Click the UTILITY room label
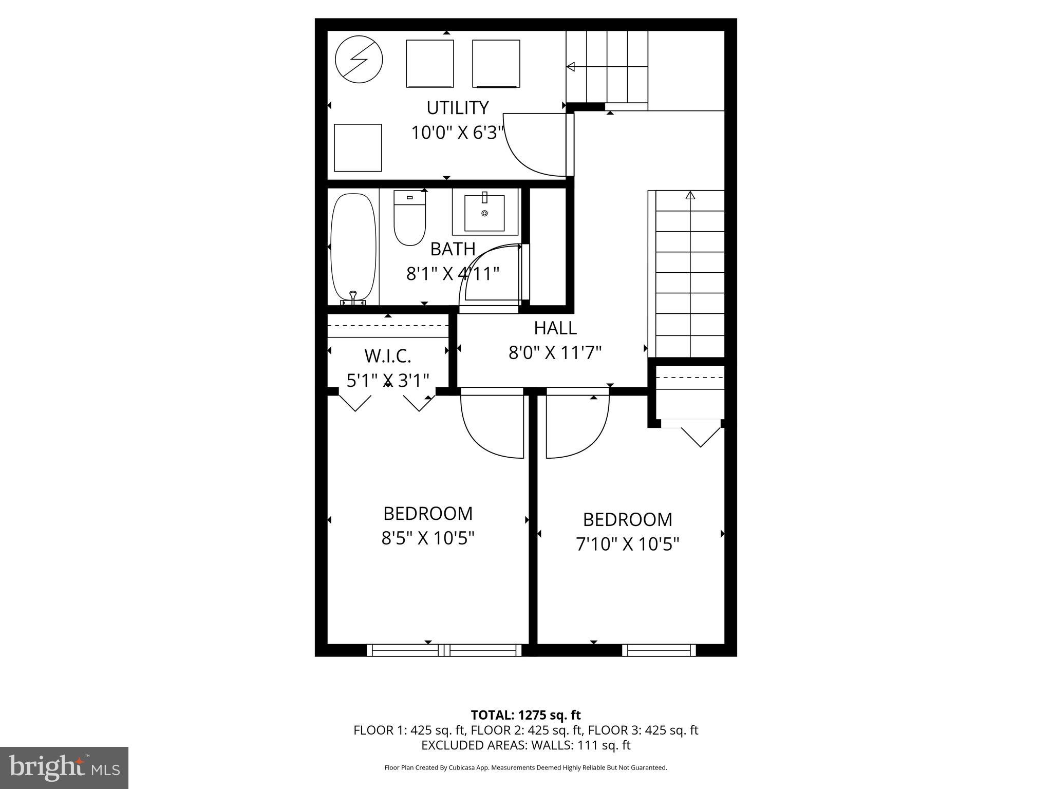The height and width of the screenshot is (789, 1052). pyautogui.click(x=457, y=108)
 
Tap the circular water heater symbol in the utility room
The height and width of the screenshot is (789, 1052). pyautogui.click(x=359, y=60)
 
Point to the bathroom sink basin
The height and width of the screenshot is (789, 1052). pyautogui.click(x=484, y=213)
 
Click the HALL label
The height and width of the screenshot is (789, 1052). pyautogui.click(x=555, y=328)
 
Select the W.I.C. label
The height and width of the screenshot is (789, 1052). pyautogui.click(x=388, y=355)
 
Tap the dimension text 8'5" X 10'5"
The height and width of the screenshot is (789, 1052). pyautogui.click(x=427, y=538)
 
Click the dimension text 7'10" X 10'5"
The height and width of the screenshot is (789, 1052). pyautogui.click(x=627, y=544)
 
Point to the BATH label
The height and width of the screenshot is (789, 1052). pyautogui.click(x=453, y=249)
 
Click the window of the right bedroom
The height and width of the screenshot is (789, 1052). pyautogui.click(x=659, y=650)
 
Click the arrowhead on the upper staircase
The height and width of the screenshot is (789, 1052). pyautogui.click(x=570, y=67)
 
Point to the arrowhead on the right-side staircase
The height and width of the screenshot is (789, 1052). pyautogui.click(x=690, y=195)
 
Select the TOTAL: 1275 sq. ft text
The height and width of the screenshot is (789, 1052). pyautogui.click(x=525, y=715)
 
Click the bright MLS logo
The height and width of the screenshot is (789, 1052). pyautogui.click(x=64, y=767)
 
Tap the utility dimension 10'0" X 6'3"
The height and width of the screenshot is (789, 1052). pyautogui.click(x=457, y=133)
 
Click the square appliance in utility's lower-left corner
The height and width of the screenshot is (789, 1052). pyautogui.click(x=358, y=148)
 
